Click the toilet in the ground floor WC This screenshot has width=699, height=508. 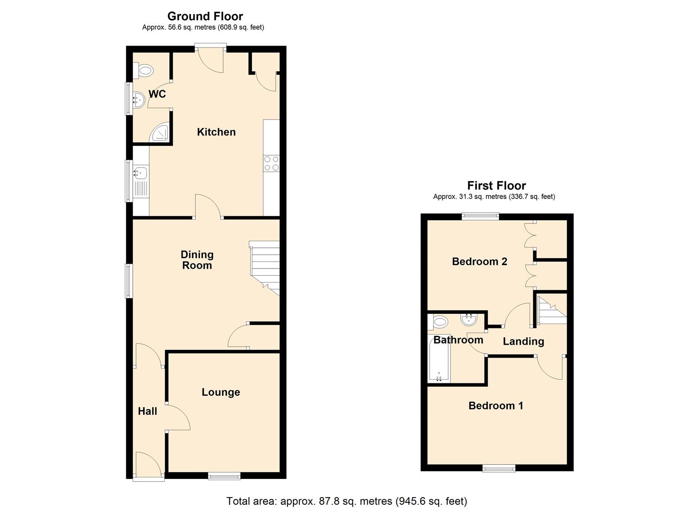[x=145, y=71]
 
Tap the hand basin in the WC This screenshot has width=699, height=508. [x=138, y=99]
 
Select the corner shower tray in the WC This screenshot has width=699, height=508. [x=160, y=134]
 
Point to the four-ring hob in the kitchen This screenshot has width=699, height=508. [x=271, y=163]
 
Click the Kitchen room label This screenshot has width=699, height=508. [x=216, y=132]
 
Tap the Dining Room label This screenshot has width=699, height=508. [x=197, y=260]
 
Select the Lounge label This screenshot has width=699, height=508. [x=221, y=392]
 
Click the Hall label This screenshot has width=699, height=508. [x=147, y=412]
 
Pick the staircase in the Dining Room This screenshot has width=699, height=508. [x=265, y=268]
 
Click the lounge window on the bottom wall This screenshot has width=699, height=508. [x=225, y=476]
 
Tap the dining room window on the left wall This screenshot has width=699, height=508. [x=128, y=281]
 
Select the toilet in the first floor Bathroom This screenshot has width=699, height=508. [x=439, y=322]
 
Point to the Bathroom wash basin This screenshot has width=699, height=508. [x=469, y=320]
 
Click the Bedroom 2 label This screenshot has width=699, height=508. [x=479, y=262]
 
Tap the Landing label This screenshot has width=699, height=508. [x=523, y=341]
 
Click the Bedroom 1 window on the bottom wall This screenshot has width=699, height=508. [x=499, y=468]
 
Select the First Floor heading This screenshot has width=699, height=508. [x=496, y=185]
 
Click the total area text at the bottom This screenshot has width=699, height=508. [x=346, y=501]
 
